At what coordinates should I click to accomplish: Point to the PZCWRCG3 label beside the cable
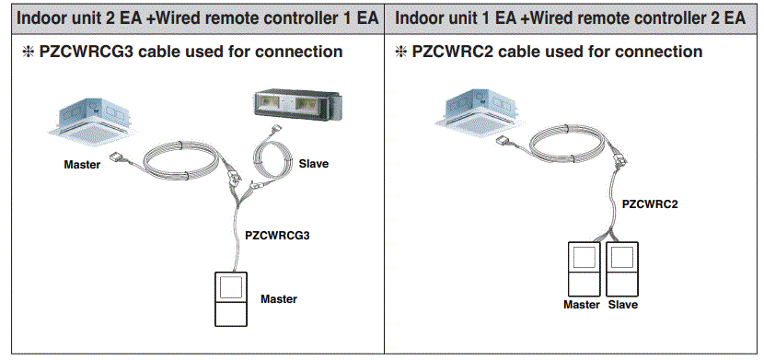[x=277, y=236]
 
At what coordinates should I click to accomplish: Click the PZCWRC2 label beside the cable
[x=650, y=203]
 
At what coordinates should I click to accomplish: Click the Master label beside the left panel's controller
[x=279, y=299]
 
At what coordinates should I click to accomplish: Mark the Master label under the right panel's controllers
[x=582, y=305]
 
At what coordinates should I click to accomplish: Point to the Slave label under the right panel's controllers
[x=623, y=305]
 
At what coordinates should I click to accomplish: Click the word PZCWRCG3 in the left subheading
[x=79, y=52]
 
